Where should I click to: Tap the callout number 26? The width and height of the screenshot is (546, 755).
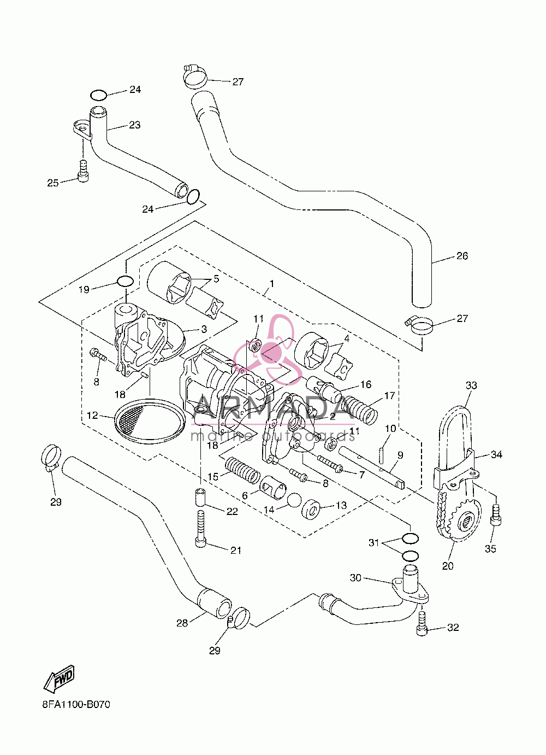[x=462, y=256]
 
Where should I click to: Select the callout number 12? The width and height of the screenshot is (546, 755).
[x=92, y=415]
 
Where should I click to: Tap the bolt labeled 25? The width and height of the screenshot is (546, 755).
[x=83, y=171]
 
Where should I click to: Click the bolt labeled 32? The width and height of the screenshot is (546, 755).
[x=422, y=624]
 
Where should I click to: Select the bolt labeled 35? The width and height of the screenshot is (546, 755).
[x=496, y=514]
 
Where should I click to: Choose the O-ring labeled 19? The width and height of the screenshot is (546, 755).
[x=125, y=280]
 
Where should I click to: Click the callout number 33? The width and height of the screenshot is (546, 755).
[x=471, y=385]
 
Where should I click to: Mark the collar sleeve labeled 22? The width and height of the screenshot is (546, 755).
[x=200, y=498]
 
